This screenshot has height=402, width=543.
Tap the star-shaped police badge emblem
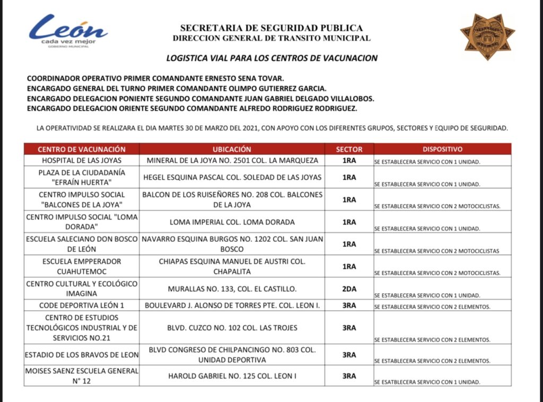[x=487, y=36]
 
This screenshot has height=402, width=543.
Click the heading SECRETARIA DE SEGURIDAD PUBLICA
[x=271, y=28]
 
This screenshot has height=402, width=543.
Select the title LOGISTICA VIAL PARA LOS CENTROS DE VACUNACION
[x=271, y=58]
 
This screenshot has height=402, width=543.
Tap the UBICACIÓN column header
[x=232, y=150]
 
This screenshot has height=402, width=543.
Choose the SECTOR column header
[x=349, y=150]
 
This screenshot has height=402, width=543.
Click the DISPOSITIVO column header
[x=442, y=150]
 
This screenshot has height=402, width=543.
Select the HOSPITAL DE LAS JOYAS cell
[x=82, y=160]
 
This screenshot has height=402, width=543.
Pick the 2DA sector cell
[x=349, y=289]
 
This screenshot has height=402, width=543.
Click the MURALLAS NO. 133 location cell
[x=232, y=289]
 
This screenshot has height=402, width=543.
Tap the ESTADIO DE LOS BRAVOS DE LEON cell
[x=82, y=355]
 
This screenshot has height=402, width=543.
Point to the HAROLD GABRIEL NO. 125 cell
[x=232, y=376]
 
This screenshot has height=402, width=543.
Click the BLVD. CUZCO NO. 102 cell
[x=232, y=328]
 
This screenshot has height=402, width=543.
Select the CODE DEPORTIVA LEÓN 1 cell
[x=82, y=305]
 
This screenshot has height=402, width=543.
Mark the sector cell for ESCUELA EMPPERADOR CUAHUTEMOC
[x=349, y=266]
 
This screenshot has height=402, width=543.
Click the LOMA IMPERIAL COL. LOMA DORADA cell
[x=232, y=222]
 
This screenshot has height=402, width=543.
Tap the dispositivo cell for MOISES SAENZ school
[x=442, y=382]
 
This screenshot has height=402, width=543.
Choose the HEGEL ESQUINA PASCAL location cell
[x=232, y=177]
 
